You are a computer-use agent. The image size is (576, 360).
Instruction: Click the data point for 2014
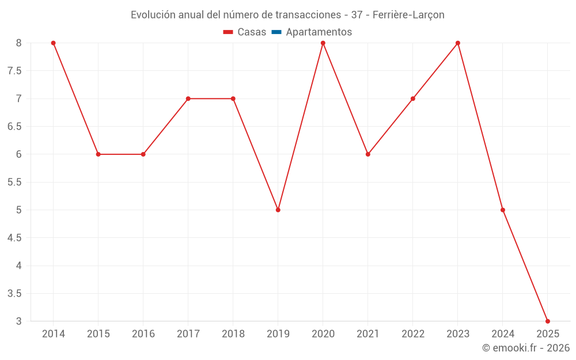(x=53, y=43)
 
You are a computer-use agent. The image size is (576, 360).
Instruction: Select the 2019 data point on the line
(x=278, y=210)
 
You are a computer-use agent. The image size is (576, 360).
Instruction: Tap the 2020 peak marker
(x=323, y=43)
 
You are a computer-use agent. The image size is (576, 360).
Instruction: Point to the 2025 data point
(x=548, y=321)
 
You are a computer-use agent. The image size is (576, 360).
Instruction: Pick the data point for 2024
(x=503, y=210)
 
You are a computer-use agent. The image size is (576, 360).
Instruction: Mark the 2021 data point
(x=368, y=154)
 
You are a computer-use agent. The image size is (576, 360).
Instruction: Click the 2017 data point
(x=188, y=98)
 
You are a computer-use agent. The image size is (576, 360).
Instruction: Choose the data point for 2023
(x=458, y=43)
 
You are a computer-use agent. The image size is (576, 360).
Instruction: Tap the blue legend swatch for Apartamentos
(x=276, y=32)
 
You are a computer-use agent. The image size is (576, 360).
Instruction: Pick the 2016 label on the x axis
(x=143, y=334)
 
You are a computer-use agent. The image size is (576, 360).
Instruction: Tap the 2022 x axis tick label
(x=413, y=334)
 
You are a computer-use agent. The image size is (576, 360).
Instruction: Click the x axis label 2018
(x=233, y=334)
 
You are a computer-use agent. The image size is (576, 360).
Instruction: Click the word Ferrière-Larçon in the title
(x=408, y=15)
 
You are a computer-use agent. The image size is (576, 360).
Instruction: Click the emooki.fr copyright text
(x=526, y=348)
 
